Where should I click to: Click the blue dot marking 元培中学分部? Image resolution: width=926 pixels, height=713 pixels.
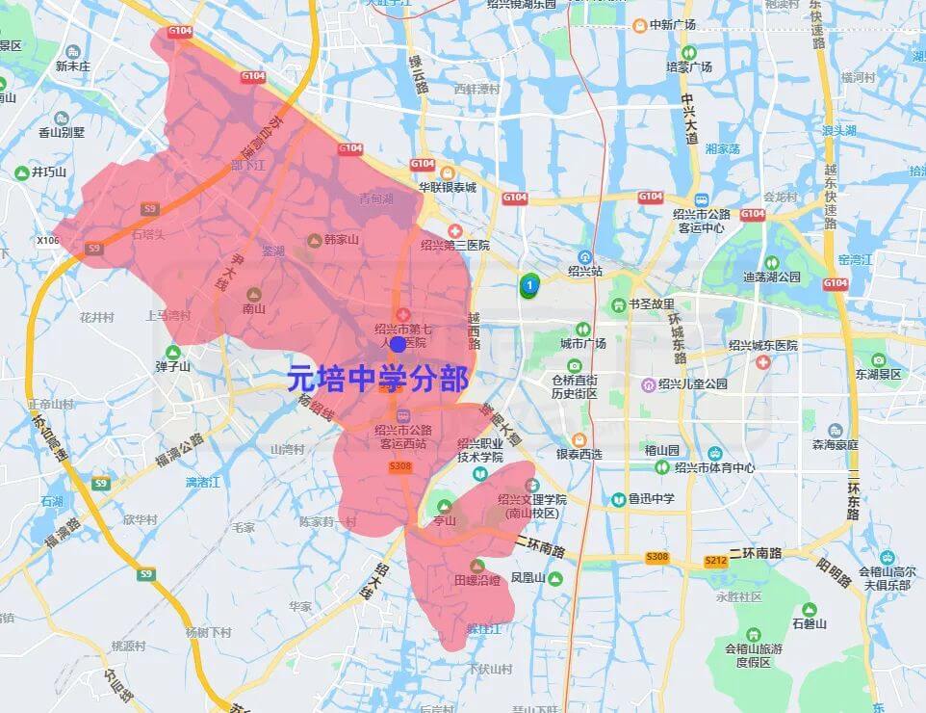(x=398, y=344)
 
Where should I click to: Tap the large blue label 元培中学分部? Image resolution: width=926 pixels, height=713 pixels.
(x=378, y=379)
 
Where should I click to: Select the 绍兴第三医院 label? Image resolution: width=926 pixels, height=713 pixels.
(x=455, y=245)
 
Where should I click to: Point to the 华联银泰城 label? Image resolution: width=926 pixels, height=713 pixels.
(x=447, y=187)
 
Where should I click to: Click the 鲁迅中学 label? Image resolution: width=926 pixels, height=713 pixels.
(x=652, y=499)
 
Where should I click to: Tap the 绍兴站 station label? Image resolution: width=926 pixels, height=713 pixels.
(x=584, y=271)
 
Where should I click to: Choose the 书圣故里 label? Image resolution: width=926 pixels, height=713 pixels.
(x=652, y=304)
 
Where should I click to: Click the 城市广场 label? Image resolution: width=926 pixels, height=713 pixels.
(x=583, y=342)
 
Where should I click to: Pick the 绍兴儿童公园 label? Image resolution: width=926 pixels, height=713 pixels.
(x=693, y=383)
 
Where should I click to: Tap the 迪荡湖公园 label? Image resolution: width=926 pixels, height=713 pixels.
(x=771, y=276)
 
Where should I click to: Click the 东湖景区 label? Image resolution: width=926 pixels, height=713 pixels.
(x=877, y=374)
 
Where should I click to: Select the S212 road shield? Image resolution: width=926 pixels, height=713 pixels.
(x=716, y=561)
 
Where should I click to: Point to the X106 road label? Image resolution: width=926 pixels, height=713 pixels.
(x=47, y=240)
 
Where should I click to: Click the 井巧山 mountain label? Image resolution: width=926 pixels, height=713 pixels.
(x=48, y=172)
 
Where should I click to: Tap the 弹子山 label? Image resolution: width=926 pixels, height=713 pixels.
(x=173, y=366)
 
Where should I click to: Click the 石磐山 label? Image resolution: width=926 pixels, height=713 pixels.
(x=809, y=623)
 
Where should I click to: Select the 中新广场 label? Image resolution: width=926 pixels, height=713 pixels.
(x=673, y=24)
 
